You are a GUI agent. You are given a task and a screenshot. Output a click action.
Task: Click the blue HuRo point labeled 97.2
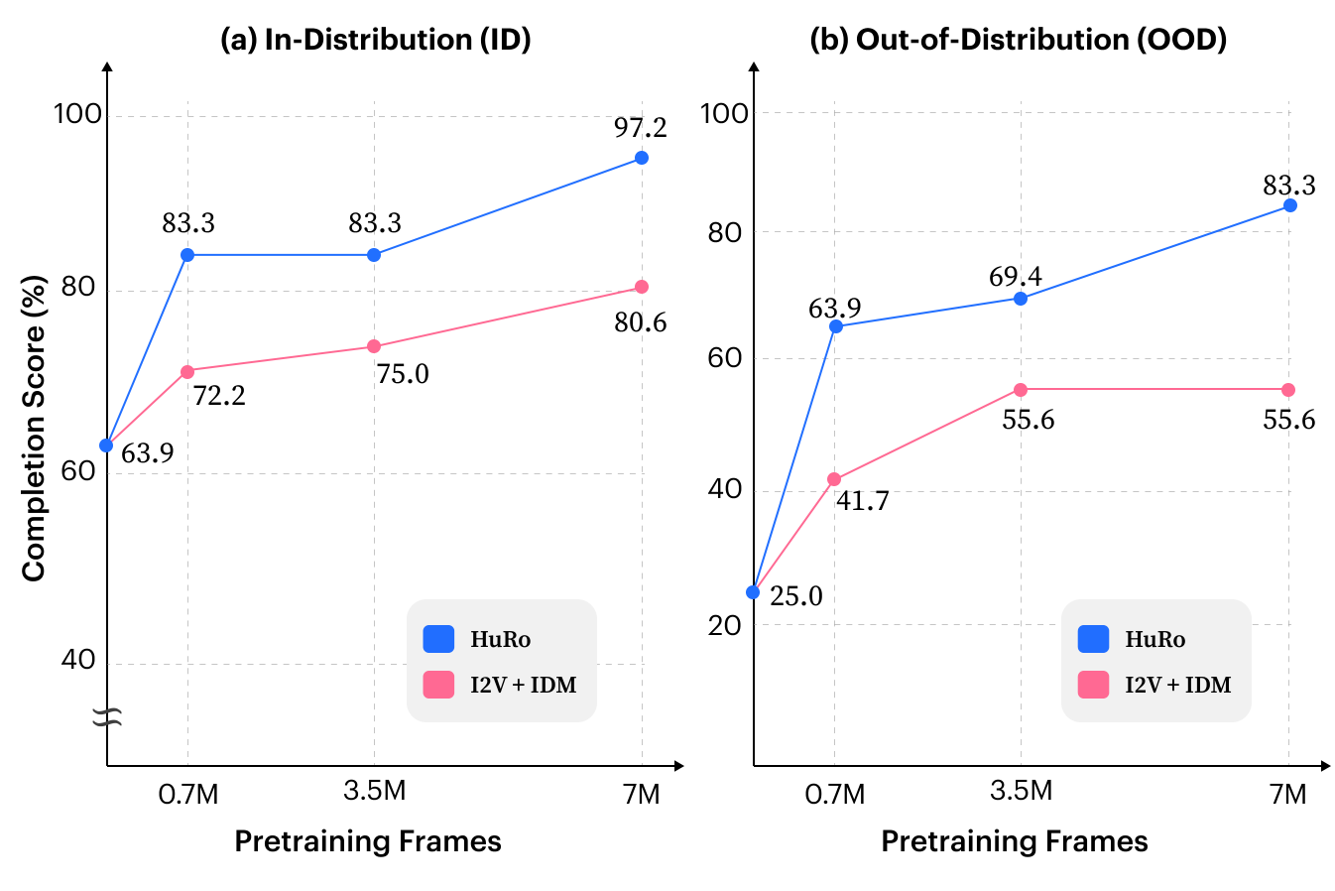point(642,158)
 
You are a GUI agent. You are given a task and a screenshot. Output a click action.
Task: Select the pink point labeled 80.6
point(642,287)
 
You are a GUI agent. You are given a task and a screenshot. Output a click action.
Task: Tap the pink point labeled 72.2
point(187,372)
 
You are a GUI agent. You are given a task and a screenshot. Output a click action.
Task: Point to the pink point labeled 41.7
point(834,479)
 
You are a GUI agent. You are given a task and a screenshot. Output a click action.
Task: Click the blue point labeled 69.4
point(1021,299)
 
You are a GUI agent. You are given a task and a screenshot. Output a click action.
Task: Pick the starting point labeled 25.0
point(753,592)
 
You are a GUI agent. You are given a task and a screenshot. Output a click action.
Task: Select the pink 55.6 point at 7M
point(1288,390)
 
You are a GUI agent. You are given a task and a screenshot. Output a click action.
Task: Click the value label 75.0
point(403,374)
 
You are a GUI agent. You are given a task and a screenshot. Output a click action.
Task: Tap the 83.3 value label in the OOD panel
point(1289,185)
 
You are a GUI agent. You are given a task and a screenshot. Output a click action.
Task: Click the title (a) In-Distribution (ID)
point(376,40)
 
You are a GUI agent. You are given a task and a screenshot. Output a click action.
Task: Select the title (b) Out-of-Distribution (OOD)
point(1018,40)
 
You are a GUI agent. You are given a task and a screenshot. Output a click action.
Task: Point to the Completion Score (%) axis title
point(34,429)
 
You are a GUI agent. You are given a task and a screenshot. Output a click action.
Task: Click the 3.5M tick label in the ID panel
point(374,791)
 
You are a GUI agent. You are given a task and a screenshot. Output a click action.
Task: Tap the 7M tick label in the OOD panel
point(1287,795)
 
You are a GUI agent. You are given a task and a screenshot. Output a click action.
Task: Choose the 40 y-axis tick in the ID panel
point(78,660)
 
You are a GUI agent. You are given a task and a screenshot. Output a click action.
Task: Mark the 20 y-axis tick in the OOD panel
point(724,626)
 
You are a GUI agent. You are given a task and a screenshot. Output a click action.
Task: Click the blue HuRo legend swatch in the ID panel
point(438,639)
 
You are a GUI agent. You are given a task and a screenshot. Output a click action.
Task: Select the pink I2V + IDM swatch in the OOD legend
point(1093,685)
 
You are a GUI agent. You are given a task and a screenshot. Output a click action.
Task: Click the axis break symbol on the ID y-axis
point(107,717)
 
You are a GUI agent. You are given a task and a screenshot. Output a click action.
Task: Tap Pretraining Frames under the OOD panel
point(1015,841)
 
